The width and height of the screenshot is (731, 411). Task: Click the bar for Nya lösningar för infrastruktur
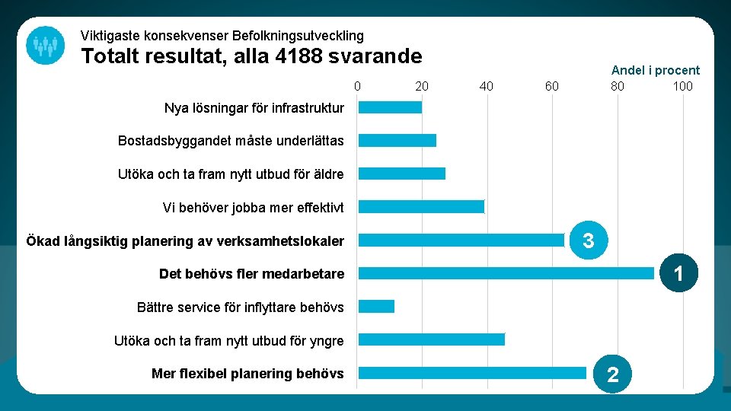coord(390,107)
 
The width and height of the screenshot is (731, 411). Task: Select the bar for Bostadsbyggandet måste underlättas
coord(397,141)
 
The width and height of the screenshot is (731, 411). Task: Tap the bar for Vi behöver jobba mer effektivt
coord(421,207)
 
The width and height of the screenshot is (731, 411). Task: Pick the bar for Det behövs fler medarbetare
coord(506,273)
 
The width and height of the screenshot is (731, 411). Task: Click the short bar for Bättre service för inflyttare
coord(376,307)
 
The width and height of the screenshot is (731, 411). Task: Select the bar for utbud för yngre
coord(431,339)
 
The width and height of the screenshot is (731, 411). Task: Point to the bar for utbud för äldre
coord(401,174)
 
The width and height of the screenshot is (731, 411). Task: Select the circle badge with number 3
coord(588,241)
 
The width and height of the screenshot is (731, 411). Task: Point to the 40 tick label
coord(487,86)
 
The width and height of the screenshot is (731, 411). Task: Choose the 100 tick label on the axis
coord(682,86)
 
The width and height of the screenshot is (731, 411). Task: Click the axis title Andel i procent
coord(655,70)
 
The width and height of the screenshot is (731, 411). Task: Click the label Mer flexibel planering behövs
coord(247,374)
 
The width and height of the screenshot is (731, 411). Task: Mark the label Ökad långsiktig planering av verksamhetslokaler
coord(185,241)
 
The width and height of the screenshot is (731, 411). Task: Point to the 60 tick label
coord(551,86)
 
